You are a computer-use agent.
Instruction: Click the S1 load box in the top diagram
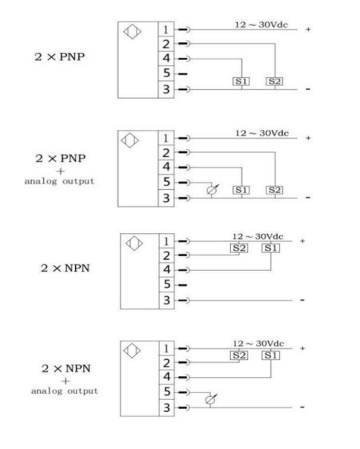[241, 82]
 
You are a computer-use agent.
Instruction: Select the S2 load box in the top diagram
[275, 82]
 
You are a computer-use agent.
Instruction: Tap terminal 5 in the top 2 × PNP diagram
[166, 73]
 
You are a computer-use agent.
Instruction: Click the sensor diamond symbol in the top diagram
[132, 31]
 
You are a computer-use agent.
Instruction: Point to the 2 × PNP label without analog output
[59, 56]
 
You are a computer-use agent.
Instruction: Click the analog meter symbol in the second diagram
[212, 189]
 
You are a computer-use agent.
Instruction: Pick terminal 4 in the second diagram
[166, 167]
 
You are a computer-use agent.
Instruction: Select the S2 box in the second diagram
[275, 190]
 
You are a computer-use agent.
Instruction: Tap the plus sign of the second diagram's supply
[308, 138]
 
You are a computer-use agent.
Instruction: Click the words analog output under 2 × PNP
[59, 181]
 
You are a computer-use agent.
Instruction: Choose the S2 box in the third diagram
[239, 248]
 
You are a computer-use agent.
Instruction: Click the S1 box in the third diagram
[271, 248]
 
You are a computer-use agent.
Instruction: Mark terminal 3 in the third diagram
[167, 301]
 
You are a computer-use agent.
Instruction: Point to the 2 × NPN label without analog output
[65, 268]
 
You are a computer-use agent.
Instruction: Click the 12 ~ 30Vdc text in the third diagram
[258, 237]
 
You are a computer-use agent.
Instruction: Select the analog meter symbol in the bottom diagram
[211, 399]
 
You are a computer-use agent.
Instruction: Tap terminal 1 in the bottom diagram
[167, 349]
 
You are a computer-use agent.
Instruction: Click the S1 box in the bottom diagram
[271, 355]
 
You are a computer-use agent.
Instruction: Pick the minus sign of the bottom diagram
[302, 407]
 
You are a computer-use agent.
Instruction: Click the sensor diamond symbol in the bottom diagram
[131, 350]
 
